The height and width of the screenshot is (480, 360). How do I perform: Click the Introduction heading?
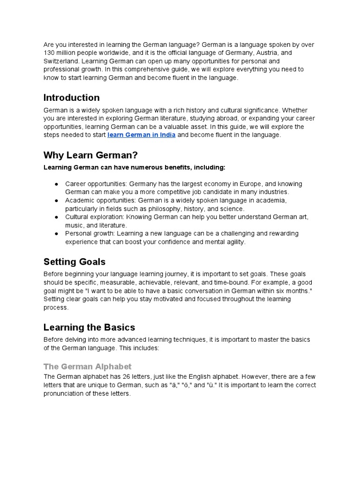[x=71, y=98]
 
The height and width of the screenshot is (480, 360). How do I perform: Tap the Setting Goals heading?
[x=74, y=262]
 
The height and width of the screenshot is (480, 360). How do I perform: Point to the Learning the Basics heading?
[x=89, y=327]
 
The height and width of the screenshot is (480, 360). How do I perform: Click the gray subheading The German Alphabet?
[x=87, y=367]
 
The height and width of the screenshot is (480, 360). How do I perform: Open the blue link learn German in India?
[x=142, y=135]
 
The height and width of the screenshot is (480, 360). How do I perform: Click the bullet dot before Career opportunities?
[x=56, y=184]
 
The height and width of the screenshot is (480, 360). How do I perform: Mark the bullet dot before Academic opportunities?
[x=56, y=200]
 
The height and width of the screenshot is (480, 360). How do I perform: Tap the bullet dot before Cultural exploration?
[x=56, y=217]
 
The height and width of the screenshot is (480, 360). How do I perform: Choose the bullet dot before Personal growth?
[x=56, y=233]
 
